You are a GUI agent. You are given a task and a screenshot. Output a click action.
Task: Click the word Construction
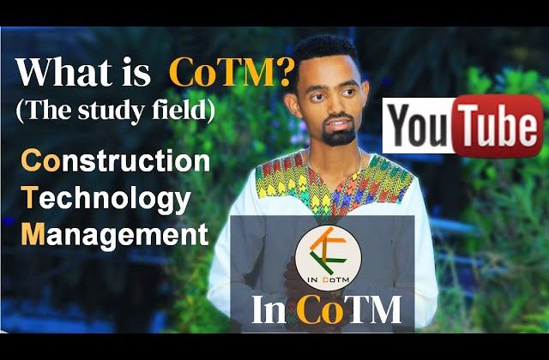tap(116, 161)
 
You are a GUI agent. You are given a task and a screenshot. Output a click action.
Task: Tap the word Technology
tap(106, 200)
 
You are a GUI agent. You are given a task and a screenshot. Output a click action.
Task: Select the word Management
tap(115, 234)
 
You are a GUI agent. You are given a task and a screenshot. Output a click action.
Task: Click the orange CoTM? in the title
tap(230, 74)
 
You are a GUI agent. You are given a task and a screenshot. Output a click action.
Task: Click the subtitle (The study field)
tap(115, 111)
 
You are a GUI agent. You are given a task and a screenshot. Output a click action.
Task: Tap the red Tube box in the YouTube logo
tap(498, 126)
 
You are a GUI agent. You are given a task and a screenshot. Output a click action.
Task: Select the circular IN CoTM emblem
tap(328, 258)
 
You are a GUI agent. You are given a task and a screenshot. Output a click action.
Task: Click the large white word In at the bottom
tap(268, 310)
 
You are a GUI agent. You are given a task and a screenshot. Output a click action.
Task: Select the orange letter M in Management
tap(33, 233)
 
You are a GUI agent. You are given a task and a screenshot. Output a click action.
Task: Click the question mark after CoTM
tap(282, 73)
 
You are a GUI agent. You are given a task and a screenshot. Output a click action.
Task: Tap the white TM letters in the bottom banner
tap(374, 310)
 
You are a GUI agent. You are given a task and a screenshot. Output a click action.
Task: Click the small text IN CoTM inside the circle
tap(328, 279)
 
